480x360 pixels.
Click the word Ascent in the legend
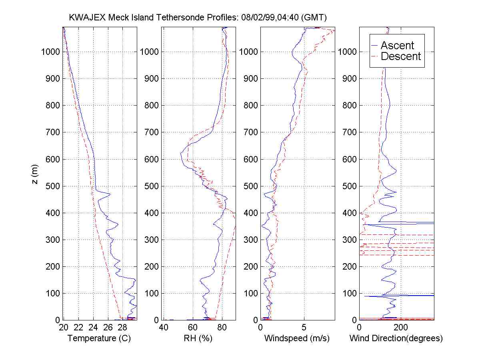(397, 45)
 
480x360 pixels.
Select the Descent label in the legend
(401, 56)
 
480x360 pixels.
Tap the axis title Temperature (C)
(99, 338)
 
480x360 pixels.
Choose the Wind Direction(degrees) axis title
(396, 338)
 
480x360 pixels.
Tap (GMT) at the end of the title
(315, 18)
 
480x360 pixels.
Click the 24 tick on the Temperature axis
(93, 328)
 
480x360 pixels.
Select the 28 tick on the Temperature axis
(123, 328)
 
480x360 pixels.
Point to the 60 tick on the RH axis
(192, 328)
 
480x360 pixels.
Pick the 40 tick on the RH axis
(163, 328)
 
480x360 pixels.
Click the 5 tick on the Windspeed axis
(304, 328)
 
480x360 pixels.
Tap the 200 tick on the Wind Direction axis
(400, 328)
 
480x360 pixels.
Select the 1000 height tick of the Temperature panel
(50, 52)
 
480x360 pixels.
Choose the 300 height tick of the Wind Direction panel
(350, 240)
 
